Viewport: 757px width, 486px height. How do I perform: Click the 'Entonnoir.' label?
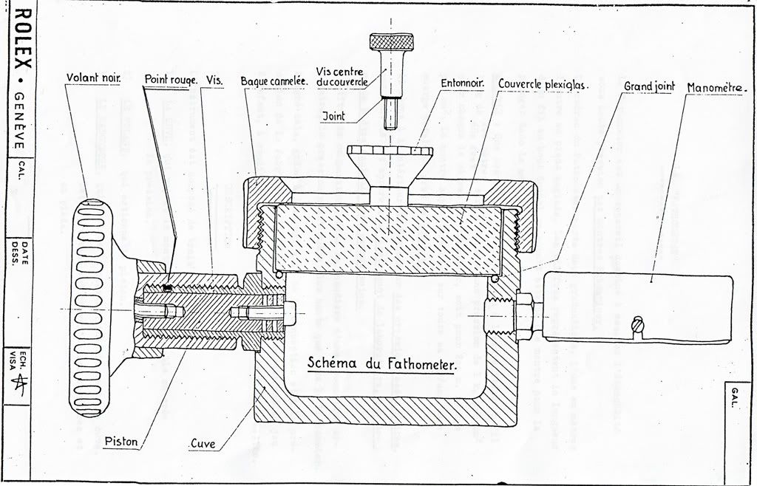pos(462,82)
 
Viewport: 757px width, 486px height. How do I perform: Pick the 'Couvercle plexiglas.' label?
pos(542,84)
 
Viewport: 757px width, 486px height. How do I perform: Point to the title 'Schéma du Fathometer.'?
pos(382,363)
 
